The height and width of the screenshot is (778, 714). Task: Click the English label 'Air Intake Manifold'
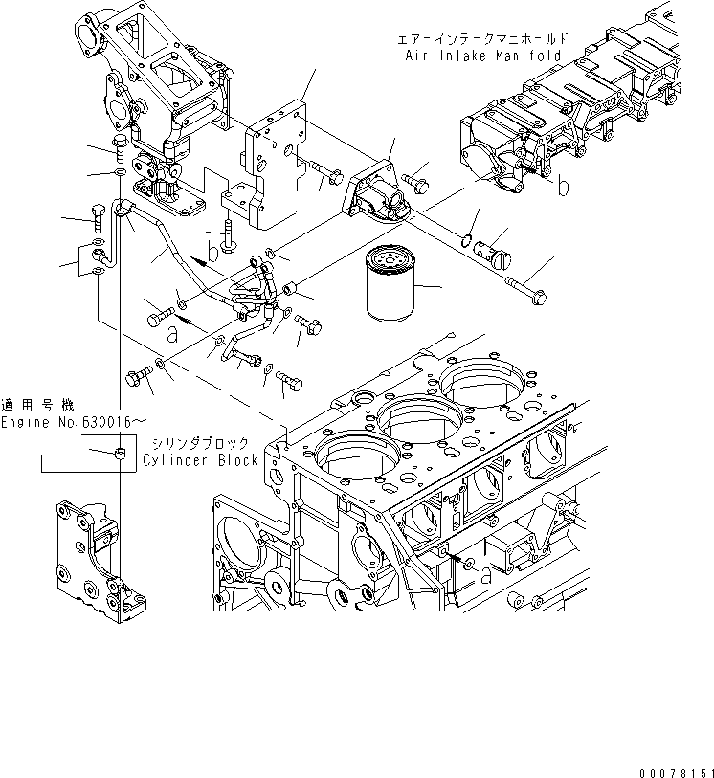(483, 56)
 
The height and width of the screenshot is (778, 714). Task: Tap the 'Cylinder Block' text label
(201, 460)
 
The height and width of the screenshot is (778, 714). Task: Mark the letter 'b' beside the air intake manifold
(564, 186)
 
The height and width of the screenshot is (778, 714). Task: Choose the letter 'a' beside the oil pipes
(172, 335)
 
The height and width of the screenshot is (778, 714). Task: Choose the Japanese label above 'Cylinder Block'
(201, 443)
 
